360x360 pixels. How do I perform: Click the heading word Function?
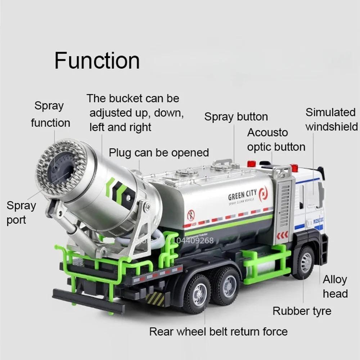[x=97, y=60]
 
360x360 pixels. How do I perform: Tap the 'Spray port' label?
[x=21, y=213]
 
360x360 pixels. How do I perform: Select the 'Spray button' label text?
[x=236, y=117]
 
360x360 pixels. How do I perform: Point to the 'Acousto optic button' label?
[x=276, y=140]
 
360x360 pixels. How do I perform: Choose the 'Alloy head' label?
[x=335, y=287]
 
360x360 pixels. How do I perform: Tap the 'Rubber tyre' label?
[x=302, y=311]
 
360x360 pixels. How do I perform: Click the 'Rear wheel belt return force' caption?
[x=219, y=331]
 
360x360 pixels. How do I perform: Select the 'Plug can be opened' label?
[x=159, y=152]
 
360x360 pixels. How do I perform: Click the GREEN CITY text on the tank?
[x=243, y=197]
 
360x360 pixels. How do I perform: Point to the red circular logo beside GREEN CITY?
[x=263, y=193]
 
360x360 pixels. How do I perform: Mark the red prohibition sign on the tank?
[x=191, y=215]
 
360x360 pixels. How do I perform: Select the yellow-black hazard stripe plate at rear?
[x=155, y=298]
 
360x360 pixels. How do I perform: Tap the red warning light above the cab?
[x=294, y=168]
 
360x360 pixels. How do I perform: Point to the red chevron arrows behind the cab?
[x=282, y=235]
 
